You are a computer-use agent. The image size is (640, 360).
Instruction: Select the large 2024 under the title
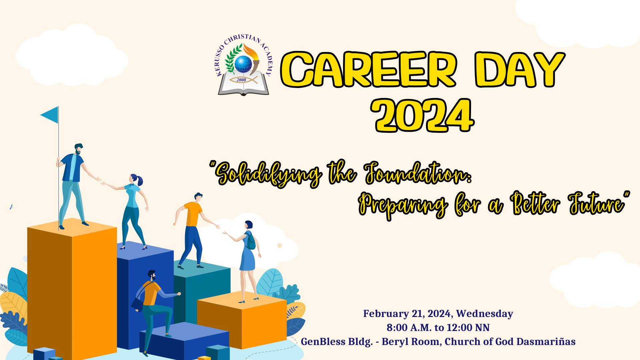coord(423,115)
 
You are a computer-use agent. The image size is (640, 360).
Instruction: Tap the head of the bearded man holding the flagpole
coord(78,149)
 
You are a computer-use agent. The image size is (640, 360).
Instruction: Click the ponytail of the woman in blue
coord(140,180)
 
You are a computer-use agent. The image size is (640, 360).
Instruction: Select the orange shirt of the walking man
coord(194,214)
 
